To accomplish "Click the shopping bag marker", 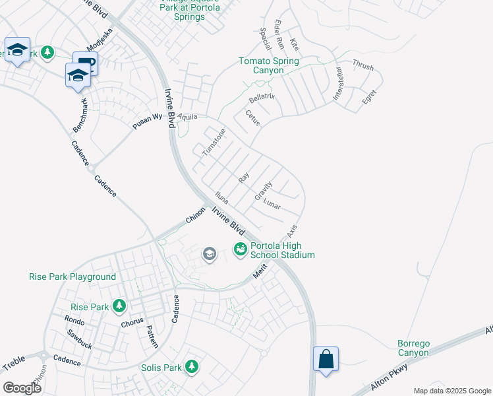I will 326,360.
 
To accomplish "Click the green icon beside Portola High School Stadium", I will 241,249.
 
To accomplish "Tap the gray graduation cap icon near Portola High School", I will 210,254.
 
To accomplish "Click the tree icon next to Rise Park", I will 119,306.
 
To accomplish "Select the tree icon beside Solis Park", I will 192,366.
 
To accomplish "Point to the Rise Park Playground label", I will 72,277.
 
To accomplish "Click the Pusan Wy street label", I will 147,117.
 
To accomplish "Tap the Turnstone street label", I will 214,142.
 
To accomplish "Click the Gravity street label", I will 264,191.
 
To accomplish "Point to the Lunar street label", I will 272,205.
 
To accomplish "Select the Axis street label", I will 293,231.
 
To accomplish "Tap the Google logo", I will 22,388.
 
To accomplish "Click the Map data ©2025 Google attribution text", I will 451,391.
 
